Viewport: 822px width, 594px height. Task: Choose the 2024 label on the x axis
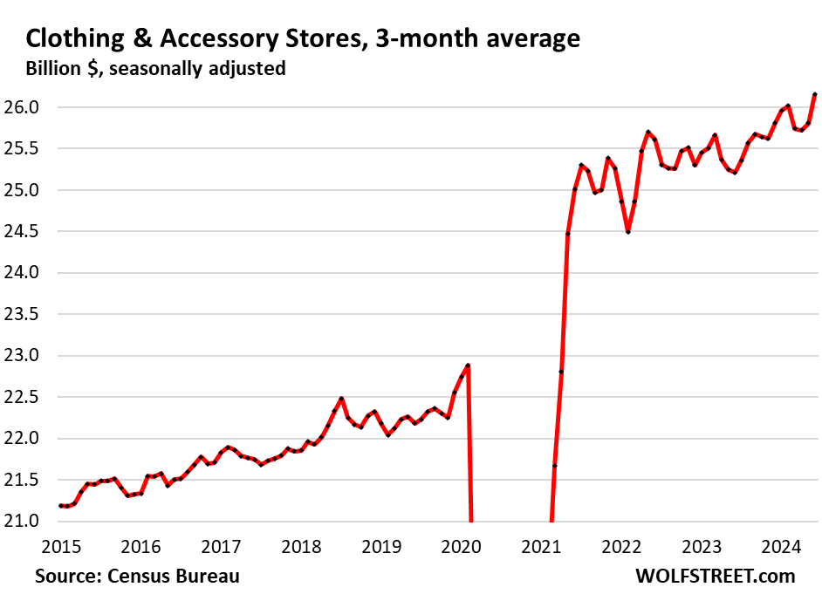tap(782, 548)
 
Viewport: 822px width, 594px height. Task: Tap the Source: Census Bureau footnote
tap(137, 576)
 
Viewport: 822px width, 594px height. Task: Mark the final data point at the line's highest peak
tap(815, 94)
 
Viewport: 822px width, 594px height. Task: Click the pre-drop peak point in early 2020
tap(468, 365)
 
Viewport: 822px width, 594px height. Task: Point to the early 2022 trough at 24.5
tap(627, 231)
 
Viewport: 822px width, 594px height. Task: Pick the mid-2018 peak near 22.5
tap(341, 399)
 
